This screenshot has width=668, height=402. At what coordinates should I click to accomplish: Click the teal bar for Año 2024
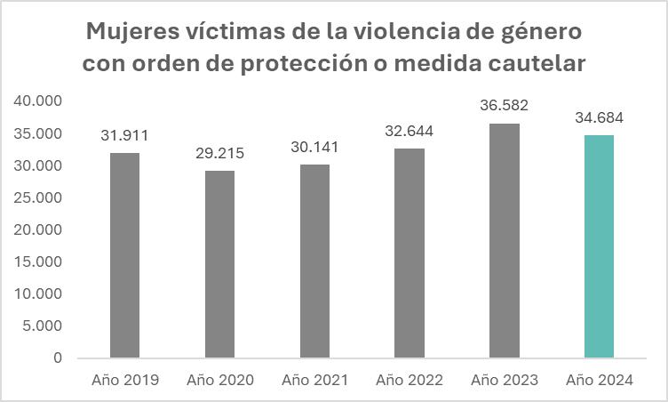[x=599, y=246]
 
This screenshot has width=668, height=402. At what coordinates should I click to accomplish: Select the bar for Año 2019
[x=124, y=255]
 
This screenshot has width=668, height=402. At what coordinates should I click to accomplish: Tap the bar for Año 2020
[x=219, y=264]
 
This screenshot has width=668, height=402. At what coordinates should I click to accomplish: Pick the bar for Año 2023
[x=504, y=240]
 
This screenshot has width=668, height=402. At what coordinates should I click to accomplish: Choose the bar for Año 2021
[x=314, y=261]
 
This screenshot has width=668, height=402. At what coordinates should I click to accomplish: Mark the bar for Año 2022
[x=409, y=253]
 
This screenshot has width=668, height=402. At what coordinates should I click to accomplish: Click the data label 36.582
[x=504, y=106]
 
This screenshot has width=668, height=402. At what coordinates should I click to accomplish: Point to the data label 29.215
[x=219, y=153]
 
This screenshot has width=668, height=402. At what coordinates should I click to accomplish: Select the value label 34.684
[x=599, y=118]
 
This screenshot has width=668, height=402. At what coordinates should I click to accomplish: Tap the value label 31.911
[x=124, y=136]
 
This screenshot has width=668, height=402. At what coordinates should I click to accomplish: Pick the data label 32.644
[x=409, y=131]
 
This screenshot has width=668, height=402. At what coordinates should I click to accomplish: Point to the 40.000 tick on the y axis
[x=38, y=101]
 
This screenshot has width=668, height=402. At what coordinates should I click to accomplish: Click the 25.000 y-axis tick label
[x=38, y=197]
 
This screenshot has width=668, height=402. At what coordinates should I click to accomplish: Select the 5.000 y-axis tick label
[x=43, y=326]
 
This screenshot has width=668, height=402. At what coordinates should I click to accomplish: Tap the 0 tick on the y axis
[x=57, y=358]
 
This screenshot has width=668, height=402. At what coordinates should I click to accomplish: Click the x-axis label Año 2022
[x=409, y=380]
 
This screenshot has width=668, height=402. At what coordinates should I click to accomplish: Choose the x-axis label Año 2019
[x=124, y=380]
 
